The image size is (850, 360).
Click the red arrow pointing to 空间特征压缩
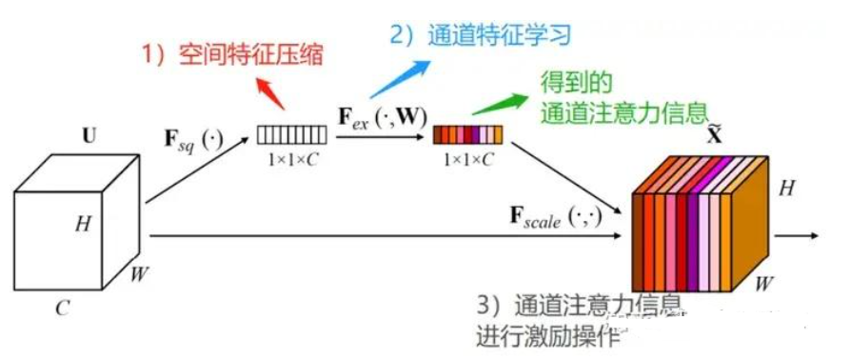[x=272, y=91]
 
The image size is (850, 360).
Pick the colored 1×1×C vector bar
[x=466, y=134]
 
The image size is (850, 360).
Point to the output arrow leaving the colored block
[x=799, y=234]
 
